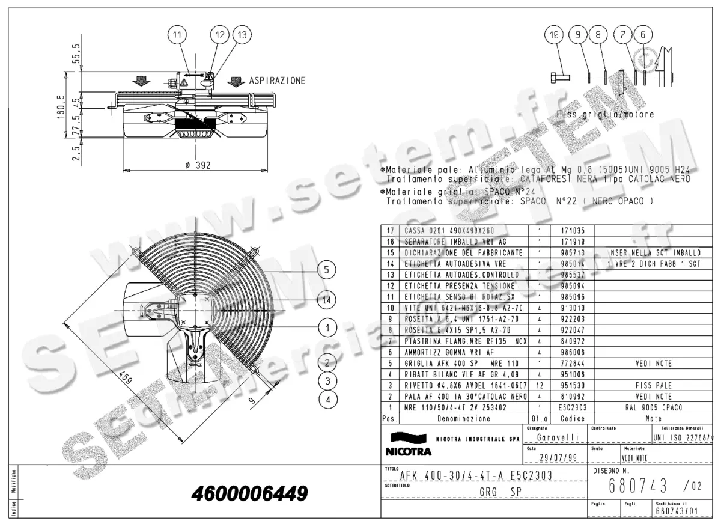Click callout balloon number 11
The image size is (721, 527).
pos(177,35)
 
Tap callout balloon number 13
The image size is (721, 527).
pos(242,35)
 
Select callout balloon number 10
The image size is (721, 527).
pos(555,35)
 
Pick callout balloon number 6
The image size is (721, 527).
pos(643,35)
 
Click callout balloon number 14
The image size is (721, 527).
pos(326,299)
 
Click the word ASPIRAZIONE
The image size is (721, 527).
pos(277,81)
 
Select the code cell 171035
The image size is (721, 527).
pos(561,230)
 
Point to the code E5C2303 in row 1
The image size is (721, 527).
pos(560,407)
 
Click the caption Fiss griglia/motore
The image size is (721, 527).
pos(605,114)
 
